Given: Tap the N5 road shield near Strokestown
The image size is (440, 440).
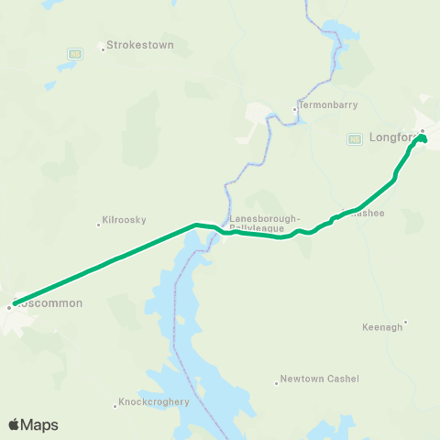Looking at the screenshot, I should click(x=73, y=54).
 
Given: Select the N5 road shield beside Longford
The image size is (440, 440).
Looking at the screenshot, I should click(x=354, y=138).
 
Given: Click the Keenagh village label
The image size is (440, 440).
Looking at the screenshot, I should click(x=382, y=326).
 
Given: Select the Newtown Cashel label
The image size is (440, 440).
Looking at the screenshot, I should click(x=320, y=379).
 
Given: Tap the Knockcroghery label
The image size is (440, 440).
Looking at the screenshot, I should click(x=155, y=401).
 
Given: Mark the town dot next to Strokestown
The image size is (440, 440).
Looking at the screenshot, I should click(x=103, y=49).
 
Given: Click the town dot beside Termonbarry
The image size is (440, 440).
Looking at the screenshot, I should click(x=294, y=108).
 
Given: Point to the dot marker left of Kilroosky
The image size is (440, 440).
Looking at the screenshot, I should click(x=98, y=224).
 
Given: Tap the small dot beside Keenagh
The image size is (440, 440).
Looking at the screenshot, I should click(x=406, y=322).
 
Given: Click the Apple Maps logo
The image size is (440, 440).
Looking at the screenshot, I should click(x=33, y=424).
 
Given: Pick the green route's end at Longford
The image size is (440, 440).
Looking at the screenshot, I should click(x=423, y=138).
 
